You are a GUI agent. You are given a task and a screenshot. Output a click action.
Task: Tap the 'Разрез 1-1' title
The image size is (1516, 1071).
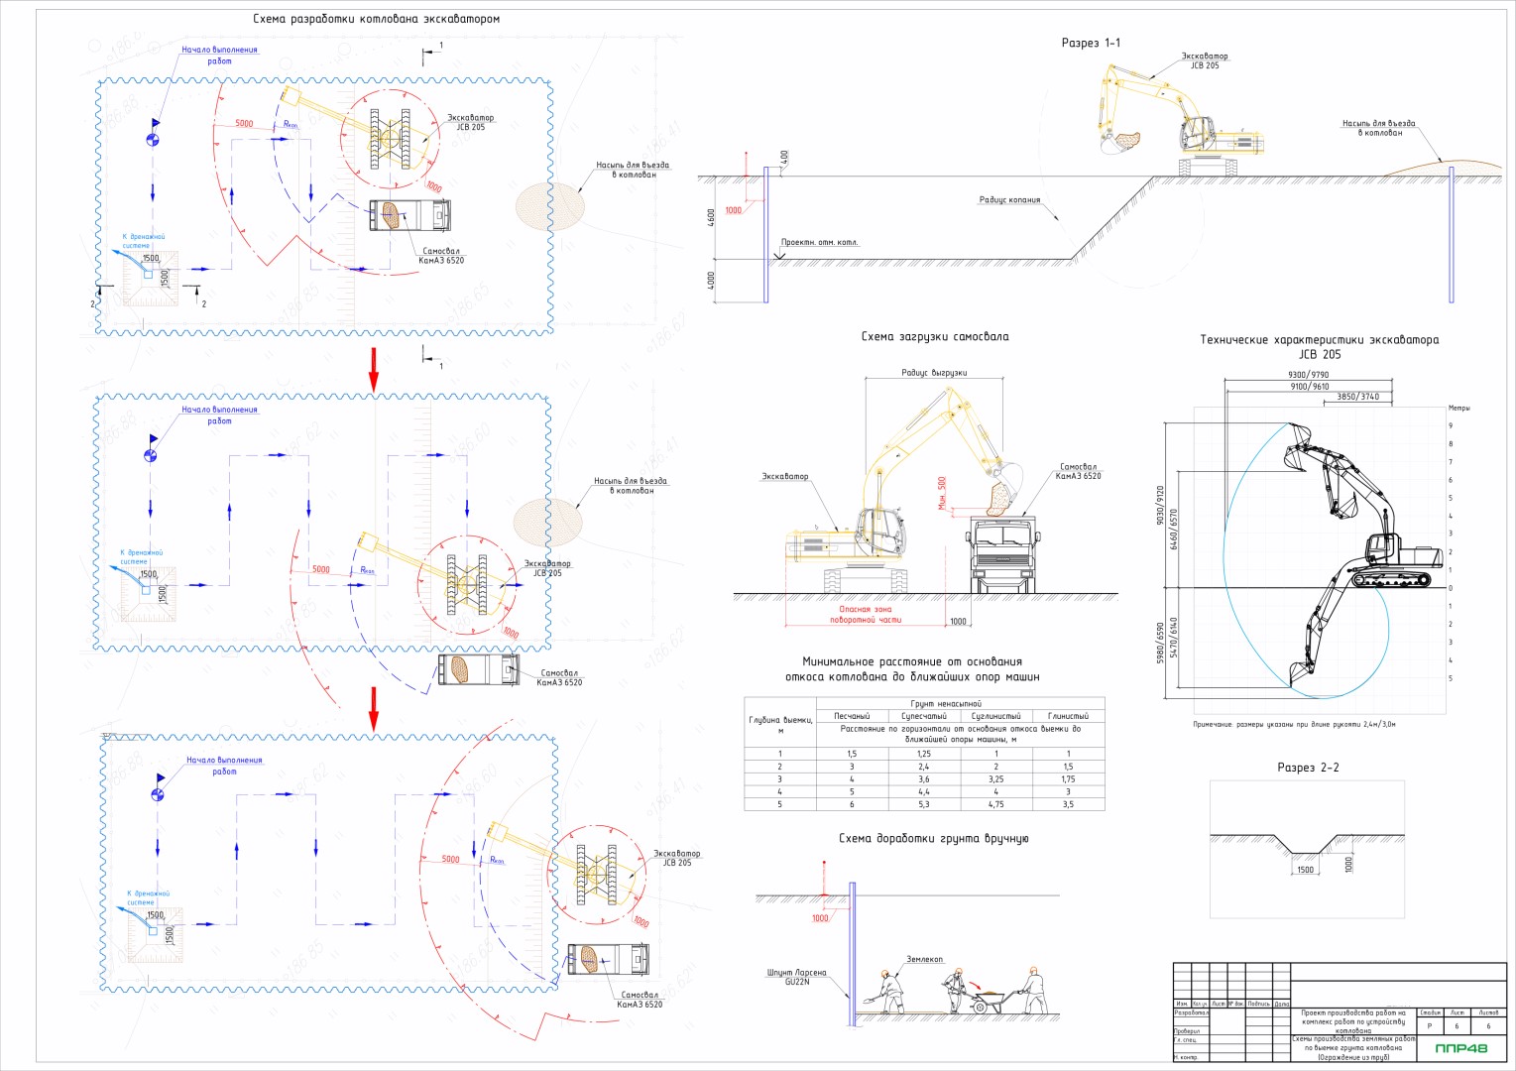point(1091,43)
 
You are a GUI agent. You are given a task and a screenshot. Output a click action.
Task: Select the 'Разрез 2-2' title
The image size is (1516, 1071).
point(1308,768)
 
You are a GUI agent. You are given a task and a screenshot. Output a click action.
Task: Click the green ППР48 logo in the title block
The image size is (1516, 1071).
point(1460,1048)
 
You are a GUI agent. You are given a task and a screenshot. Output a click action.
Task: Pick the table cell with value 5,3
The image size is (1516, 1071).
point(923,804)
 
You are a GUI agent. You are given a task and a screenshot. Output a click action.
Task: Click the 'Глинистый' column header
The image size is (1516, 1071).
point(1068,716)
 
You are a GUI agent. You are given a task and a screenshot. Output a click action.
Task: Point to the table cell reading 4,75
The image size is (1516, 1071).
point(995,804)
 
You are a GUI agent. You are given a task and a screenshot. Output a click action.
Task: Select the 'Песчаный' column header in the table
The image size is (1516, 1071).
point(852,716)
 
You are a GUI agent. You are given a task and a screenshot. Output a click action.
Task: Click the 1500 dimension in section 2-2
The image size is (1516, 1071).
point(1305,870)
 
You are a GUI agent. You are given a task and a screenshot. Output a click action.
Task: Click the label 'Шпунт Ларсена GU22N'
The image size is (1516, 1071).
point(796,978)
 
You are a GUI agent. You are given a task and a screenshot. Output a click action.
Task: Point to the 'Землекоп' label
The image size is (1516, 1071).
point(924,959)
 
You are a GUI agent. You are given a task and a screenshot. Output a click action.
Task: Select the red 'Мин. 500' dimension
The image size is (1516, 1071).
point(942,492)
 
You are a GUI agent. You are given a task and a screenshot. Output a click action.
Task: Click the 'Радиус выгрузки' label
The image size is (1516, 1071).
point(934,373)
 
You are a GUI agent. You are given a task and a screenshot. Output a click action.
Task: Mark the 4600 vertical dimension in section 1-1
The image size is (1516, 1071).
point(711,218)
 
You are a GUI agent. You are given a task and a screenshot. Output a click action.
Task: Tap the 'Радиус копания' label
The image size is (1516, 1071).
point(1009,200)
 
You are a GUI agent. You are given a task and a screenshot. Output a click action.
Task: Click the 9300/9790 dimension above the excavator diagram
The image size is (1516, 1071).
point(1308,375)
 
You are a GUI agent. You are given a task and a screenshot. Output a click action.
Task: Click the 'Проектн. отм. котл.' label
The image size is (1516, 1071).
point(819,242)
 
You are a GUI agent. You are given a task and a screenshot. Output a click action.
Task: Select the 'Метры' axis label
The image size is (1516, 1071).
point(1458,408)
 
